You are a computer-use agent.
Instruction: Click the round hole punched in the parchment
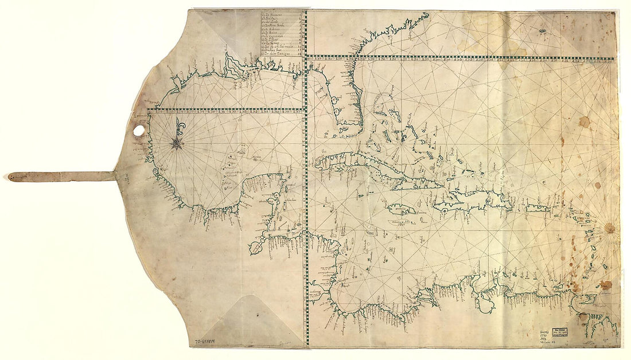139,131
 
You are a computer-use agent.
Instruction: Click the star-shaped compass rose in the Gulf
176,143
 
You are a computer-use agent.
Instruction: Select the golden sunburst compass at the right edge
609,229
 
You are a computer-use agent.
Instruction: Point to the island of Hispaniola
473,202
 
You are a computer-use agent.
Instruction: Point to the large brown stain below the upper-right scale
583,122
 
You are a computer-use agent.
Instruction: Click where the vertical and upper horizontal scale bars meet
306,56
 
